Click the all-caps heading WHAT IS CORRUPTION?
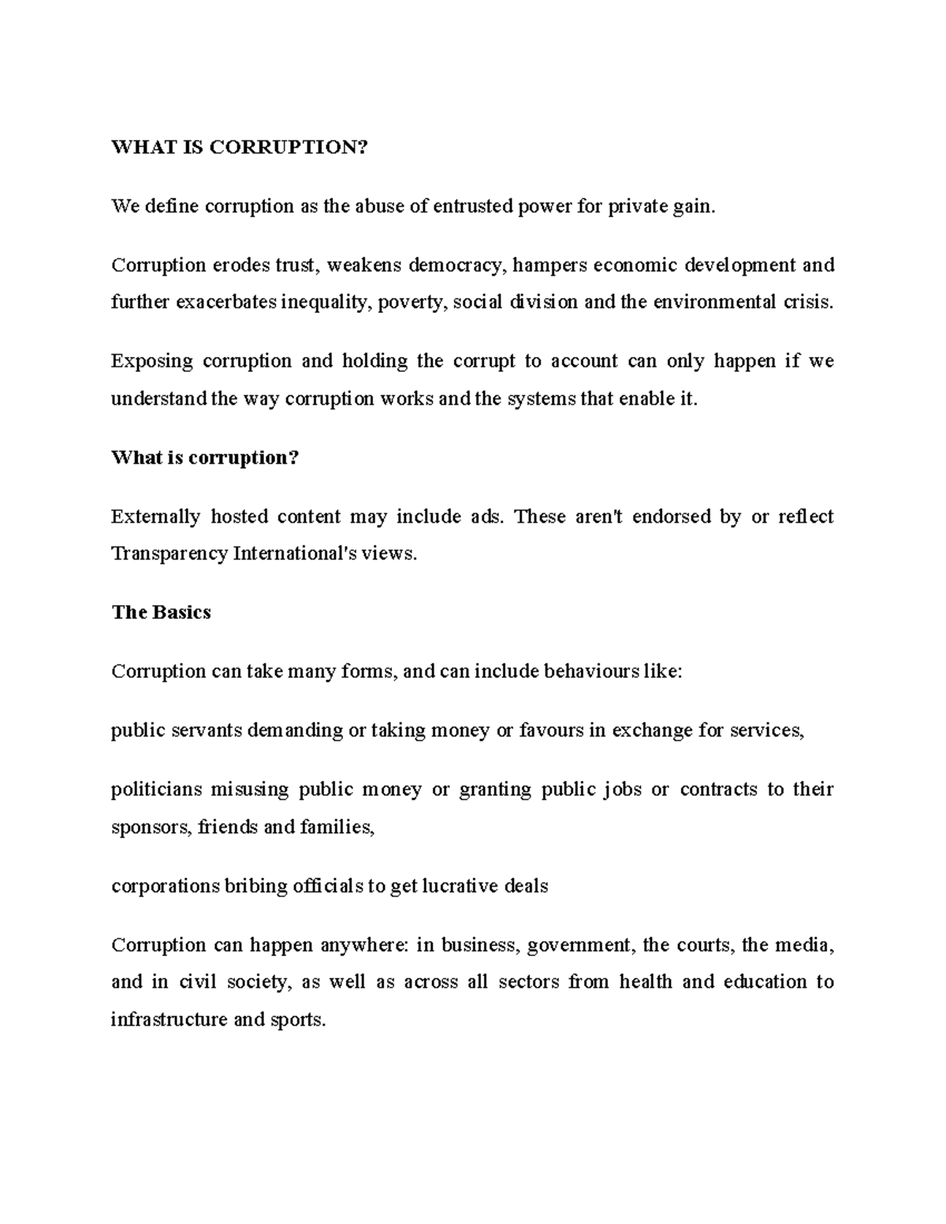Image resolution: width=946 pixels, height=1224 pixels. pos(240,148)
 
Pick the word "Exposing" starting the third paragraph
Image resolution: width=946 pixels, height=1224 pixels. pos(151,362)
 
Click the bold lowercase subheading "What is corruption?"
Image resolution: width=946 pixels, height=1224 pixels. pos(205,458)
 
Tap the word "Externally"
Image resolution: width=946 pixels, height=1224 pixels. pos(155,517)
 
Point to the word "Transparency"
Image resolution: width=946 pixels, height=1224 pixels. pos(169,554)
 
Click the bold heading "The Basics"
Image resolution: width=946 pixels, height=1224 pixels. pos(161,612)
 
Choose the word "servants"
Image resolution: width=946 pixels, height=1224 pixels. pos(207,731)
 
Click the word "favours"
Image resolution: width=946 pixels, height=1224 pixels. pos(551,731)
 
